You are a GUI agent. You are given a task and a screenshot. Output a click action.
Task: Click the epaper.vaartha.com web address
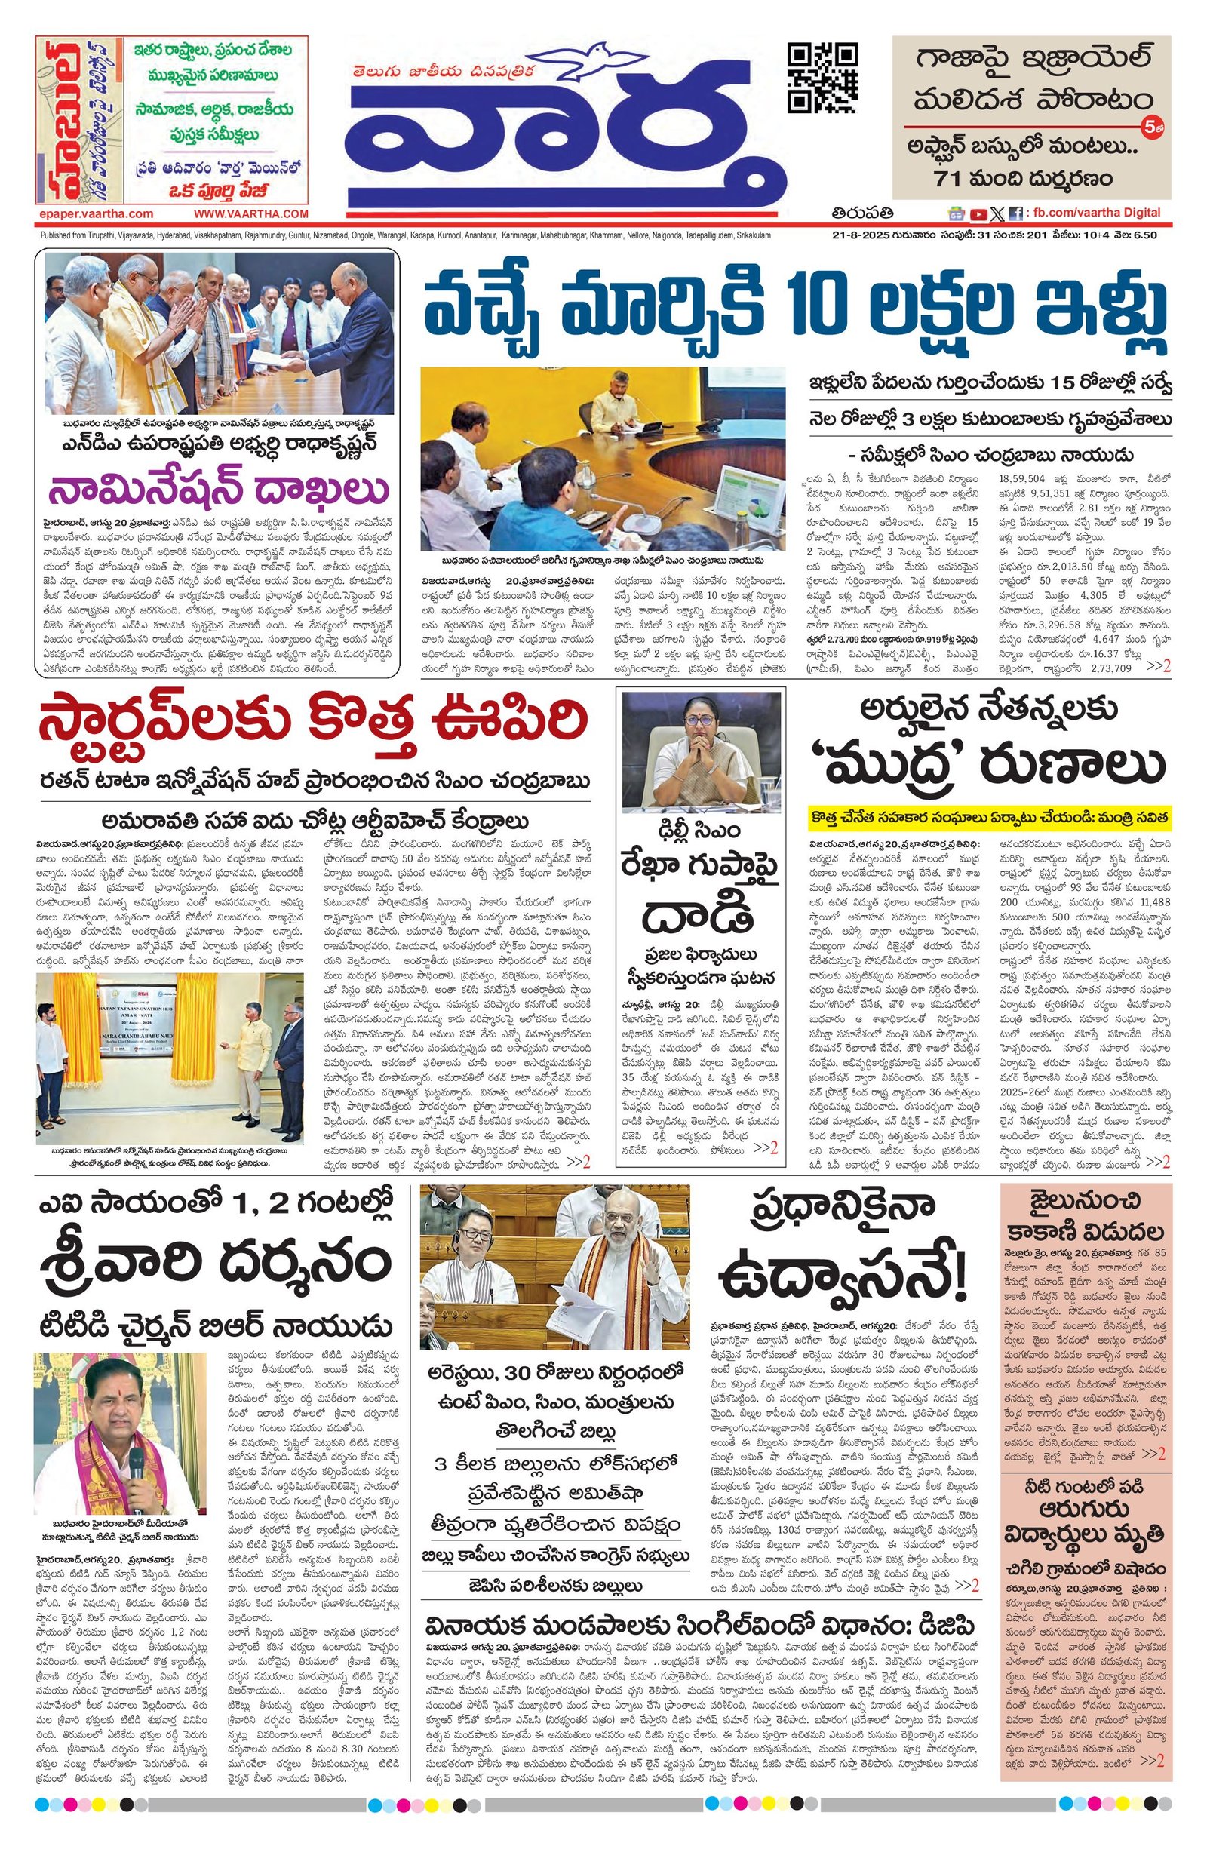click(95, 213)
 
